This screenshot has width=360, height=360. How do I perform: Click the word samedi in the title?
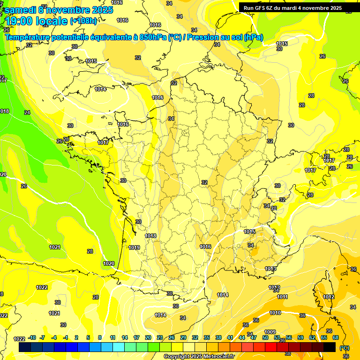point(22,9)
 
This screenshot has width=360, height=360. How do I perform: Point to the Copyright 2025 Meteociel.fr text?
point(199,356)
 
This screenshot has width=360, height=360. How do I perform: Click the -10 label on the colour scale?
point(32,337)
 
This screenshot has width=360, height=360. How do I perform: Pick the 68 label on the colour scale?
point(336,337)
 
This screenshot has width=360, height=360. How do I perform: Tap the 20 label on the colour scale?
point(148,337)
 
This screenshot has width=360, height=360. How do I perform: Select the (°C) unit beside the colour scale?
point(345,347)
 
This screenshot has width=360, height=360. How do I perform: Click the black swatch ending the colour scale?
point(330,347)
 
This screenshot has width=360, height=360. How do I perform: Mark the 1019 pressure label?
point(135,247)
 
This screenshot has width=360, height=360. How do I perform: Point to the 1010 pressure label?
point(275,313)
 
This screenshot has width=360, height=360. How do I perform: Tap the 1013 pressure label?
point(270,269)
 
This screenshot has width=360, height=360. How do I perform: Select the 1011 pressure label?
point(282,297)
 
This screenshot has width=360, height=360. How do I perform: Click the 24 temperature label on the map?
point(27,112)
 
